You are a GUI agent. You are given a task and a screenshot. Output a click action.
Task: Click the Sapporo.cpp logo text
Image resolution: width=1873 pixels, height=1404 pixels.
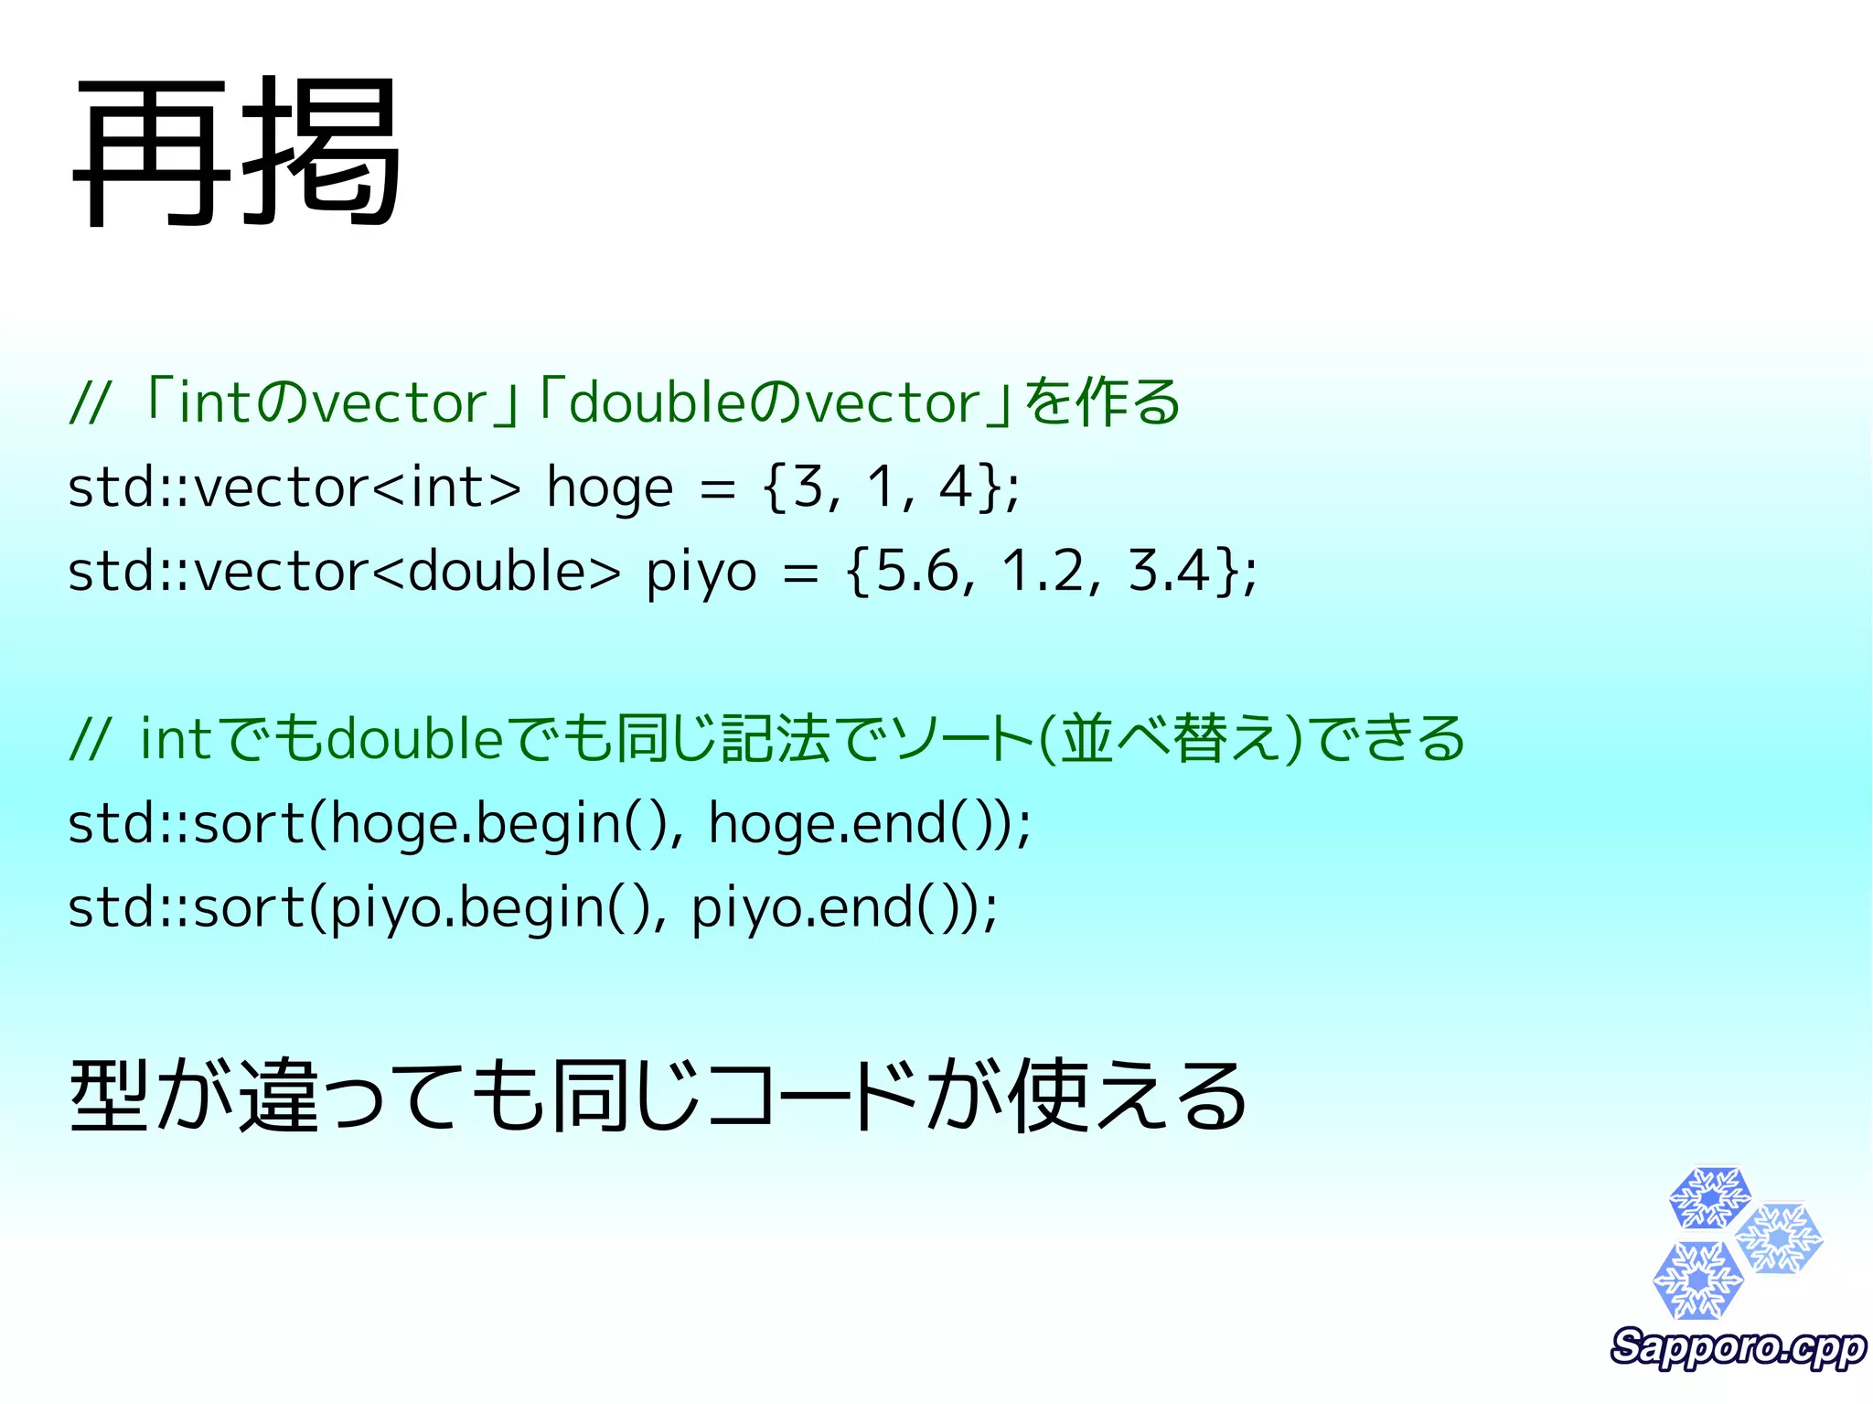click(1738, 1347)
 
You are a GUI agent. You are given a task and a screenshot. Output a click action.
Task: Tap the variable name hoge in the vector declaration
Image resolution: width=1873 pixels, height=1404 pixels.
click(609, 488)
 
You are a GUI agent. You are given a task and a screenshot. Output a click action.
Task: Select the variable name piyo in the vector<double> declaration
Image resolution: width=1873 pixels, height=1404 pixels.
click(701, 573)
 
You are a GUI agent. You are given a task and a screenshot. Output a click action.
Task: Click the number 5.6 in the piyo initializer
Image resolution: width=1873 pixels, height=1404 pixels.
click(917, 571)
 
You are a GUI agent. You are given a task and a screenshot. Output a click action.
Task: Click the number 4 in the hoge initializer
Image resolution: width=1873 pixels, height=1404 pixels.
click(956, 487)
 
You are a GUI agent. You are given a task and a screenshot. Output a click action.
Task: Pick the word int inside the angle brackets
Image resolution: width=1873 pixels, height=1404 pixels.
click(446, 487)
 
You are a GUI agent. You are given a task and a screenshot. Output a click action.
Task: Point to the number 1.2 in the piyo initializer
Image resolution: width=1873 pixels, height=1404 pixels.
click(1043, 571)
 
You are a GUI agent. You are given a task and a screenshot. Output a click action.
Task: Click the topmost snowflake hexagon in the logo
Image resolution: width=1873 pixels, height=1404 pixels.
click(1708, 1197)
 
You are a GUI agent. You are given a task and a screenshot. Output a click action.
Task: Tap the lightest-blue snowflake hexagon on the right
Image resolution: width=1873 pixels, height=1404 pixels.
click(1779, 1238)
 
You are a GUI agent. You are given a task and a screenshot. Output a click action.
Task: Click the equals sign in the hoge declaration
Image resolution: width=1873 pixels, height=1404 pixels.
click(717, 488)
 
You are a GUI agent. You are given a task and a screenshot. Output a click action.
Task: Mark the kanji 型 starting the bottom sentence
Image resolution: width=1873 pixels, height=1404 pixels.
click(109, 1096)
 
